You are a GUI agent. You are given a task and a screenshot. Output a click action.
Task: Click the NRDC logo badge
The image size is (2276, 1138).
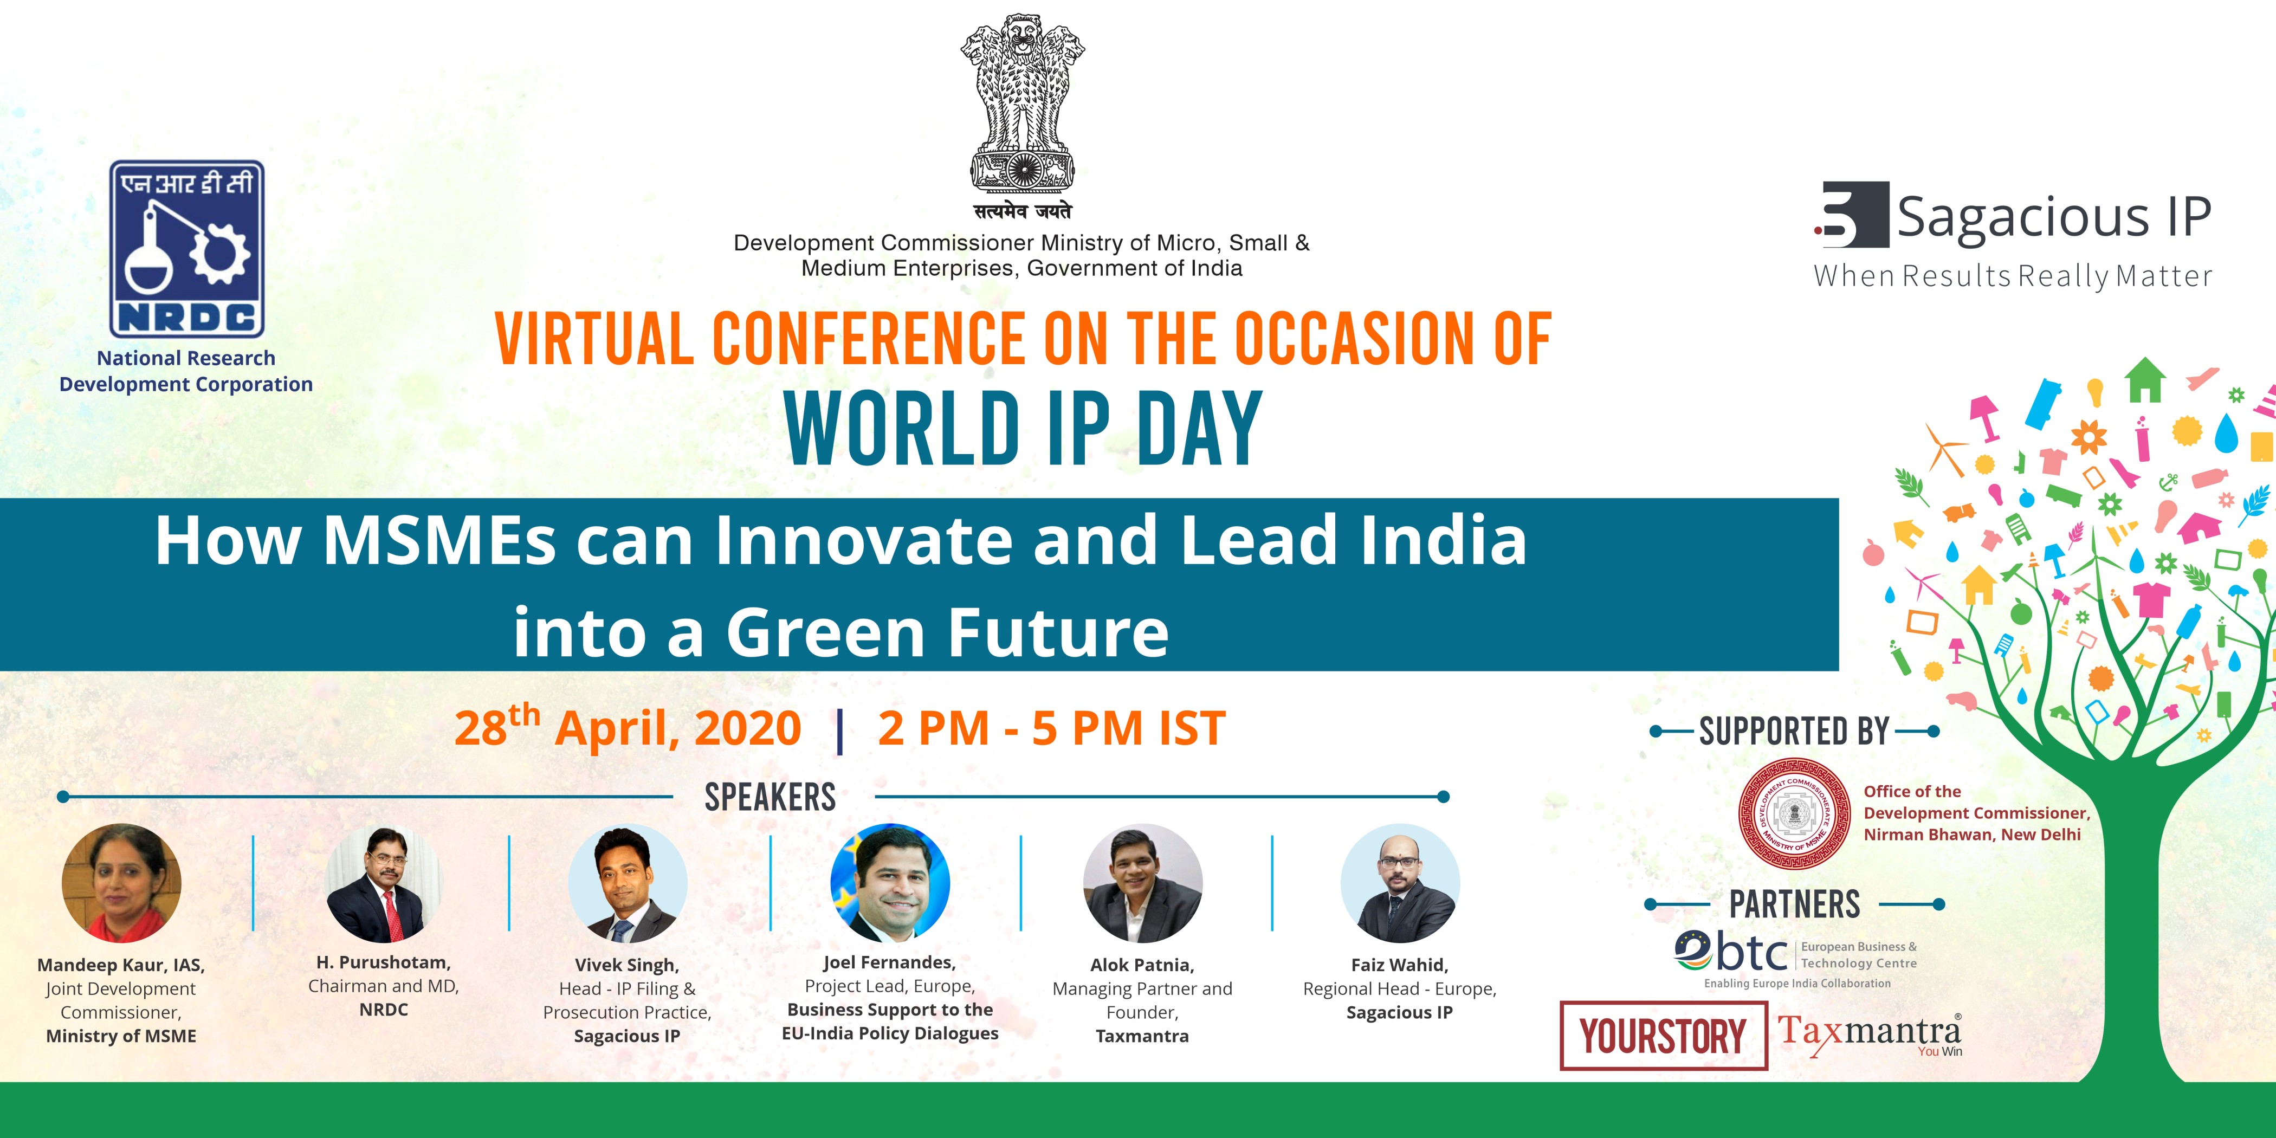click(186, 248)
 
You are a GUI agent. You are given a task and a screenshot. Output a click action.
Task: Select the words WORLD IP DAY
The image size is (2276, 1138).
click(1023, 429)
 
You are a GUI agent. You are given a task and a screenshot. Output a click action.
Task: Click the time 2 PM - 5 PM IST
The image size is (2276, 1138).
click(1051, 728)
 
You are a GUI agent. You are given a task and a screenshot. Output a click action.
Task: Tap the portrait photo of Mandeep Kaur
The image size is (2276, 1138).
click(121, 883)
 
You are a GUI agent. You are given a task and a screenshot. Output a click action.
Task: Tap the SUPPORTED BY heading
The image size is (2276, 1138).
click(1794, 732)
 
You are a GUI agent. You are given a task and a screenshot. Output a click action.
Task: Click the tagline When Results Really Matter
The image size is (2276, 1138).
click(2013, 276)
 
